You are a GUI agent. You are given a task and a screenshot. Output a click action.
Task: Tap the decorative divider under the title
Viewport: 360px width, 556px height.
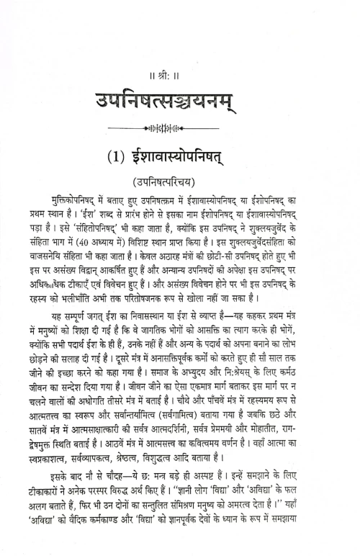180,131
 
